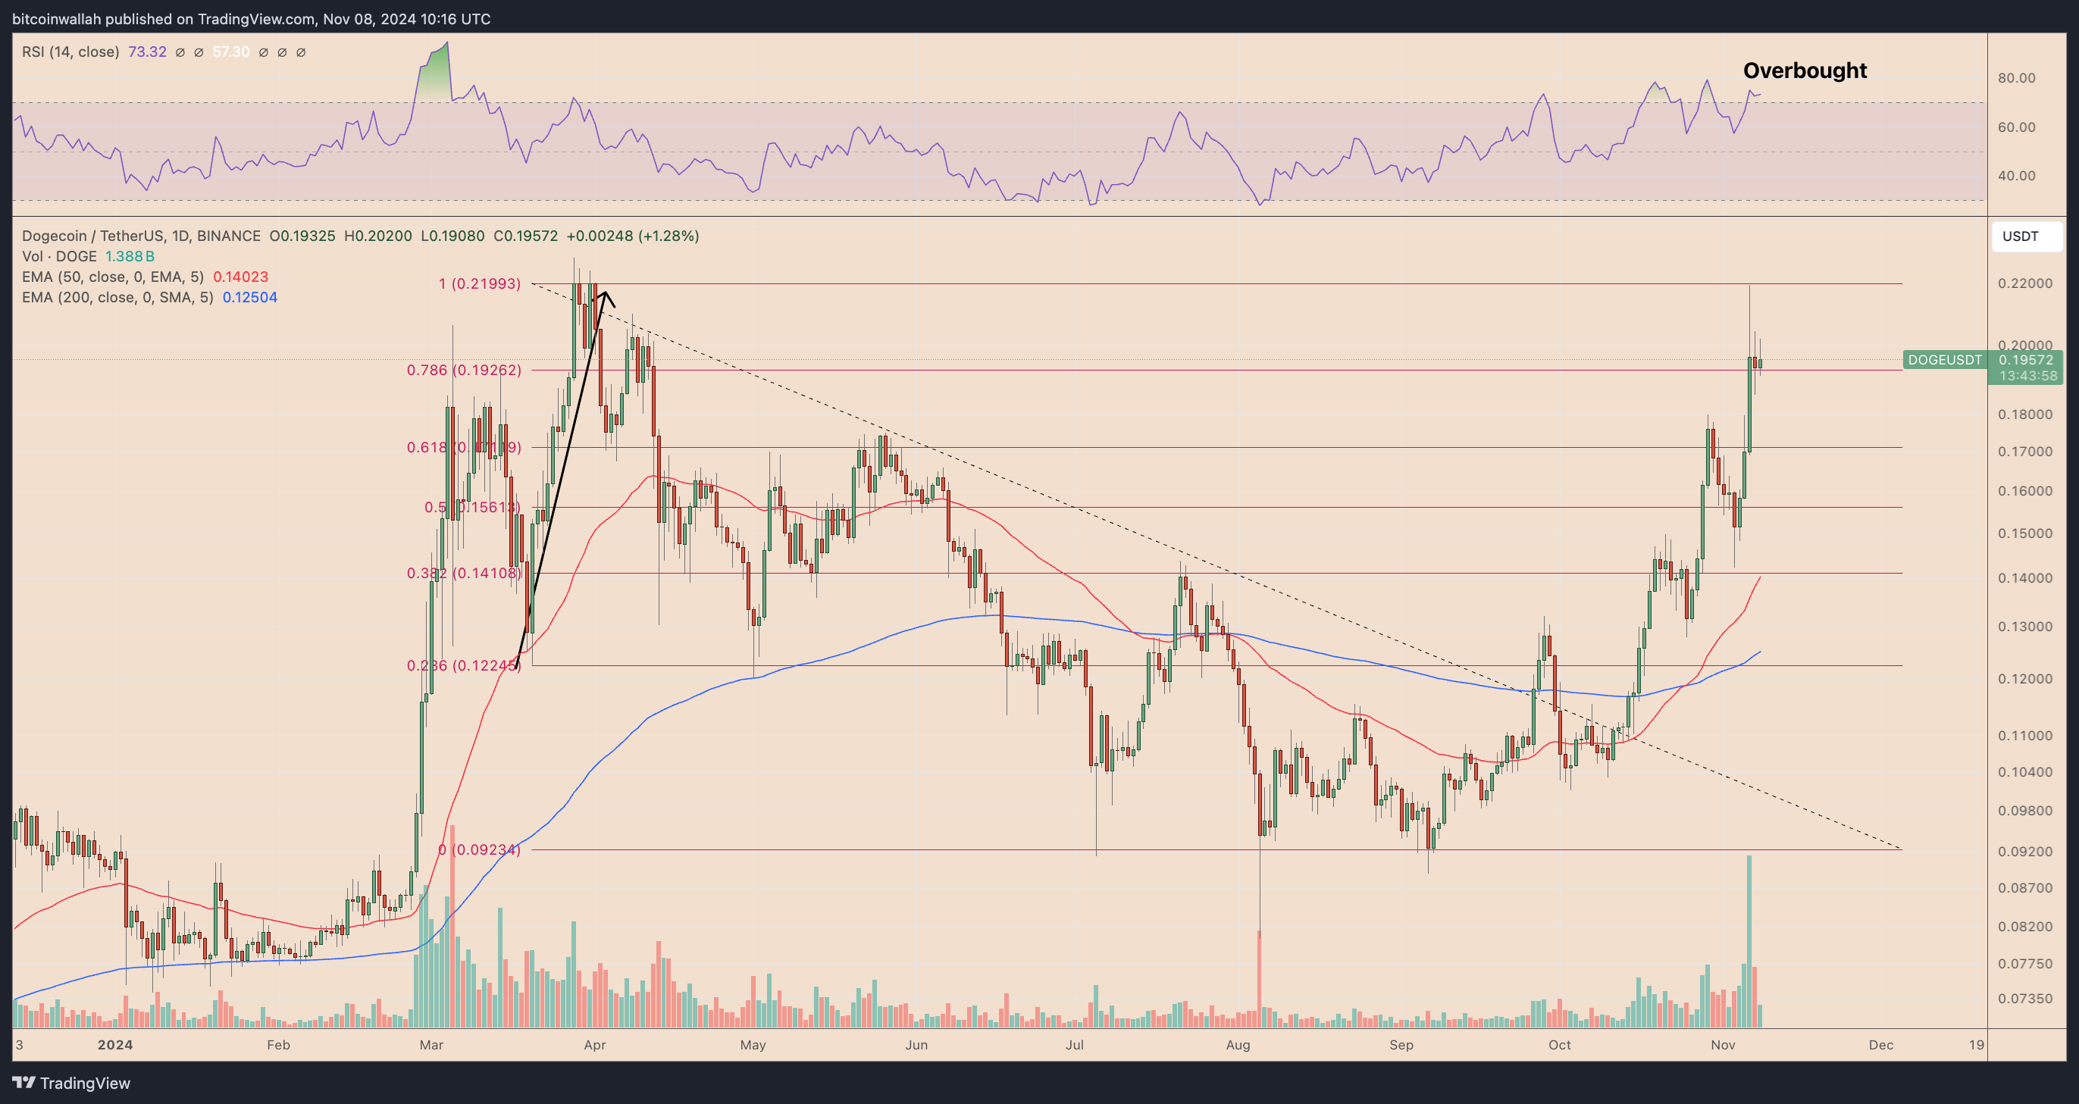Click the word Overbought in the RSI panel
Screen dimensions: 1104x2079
1805,71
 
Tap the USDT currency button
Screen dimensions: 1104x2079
2020,236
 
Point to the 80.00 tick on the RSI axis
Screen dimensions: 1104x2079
2016,78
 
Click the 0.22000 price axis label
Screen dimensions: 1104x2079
2025,283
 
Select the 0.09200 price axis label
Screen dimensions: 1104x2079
2025,851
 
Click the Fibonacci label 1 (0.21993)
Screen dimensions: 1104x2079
480,284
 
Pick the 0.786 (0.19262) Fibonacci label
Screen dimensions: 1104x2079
463,371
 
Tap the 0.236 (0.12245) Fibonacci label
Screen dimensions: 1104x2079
463,666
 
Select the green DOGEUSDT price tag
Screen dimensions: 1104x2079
1944,360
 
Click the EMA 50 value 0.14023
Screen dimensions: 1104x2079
240,277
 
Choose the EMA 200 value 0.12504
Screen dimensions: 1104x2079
250,298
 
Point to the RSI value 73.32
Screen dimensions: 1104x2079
147,52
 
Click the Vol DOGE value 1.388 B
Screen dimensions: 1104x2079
130,257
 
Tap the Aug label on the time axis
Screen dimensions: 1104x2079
1237,1045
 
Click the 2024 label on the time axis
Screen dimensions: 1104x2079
115,1045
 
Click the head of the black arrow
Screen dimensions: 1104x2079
605,293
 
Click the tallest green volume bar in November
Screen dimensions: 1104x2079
1749,940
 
